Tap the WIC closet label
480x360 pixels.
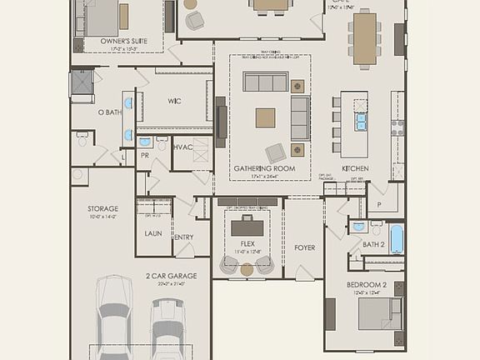[x=174, y=101]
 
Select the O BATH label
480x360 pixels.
[x=109, y=112]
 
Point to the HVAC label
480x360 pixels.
[x=182, y=147]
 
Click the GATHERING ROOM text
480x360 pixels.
[x=264, y=168]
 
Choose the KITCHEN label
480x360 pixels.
[x=355, y=168]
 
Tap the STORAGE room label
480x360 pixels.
[x=102, y=208]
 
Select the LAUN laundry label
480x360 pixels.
[x=153, y=233]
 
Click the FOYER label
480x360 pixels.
[x=305, y=247]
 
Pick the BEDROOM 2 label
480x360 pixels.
[x=367, y=285]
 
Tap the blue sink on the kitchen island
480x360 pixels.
[x=361, y=122]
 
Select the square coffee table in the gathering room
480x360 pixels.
[x=265, y=117]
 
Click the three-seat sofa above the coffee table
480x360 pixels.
[x=265, y=81]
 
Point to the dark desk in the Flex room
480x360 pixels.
[x=247, y=227]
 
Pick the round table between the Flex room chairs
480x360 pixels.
[x=247, y=269]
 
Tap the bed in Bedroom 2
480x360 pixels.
[x=379, y=315]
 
